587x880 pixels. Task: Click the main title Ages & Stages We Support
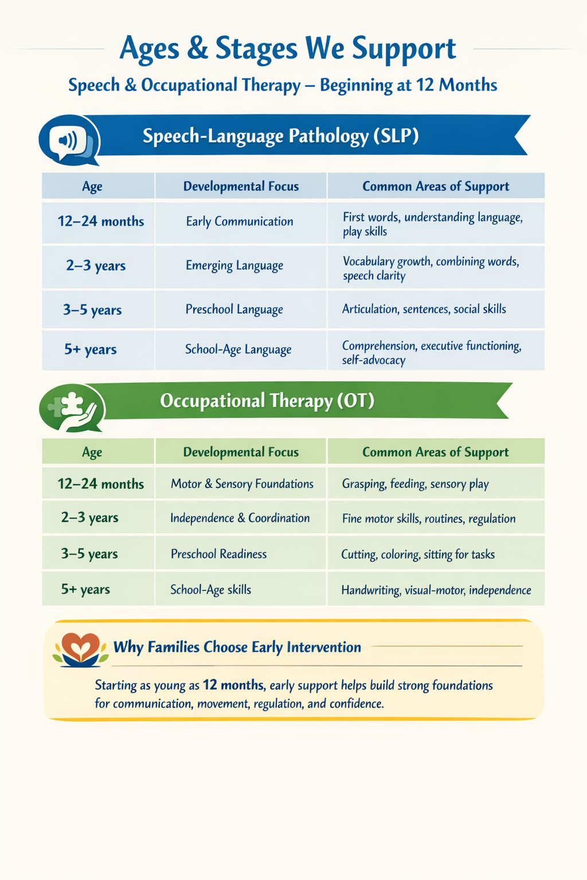click(x=288, y=49)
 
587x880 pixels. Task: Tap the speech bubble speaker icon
click(x=68, y=140)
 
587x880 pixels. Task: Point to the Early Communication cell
click(x=240, y=222)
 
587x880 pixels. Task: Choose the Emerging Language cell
click(x=234, y=266)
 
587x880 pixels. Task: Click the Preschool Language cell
click(x=234, y=310)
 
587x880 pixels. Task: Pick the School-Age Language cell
click(x=238, y=349)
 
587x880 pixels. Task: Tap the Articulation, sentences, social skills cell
click(x=424, y=309)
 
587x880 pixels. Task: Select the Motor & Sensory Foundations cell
click(x=242, y=484)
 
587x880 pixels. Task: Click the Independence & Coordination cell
click(x=240, y=518)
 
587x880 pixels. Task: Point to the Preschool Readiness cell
click(x=218, y=554)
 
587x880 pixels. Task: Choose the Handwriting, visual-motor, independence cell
click(x=436, y=590)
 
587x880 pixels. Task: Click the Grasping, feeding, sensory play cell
click(x=415, y=484)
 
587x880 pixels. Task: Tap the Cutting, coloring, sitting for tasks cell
click(x=418, y=555)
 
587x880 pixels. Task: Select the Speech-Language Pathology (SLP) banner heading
click(x=281, y=136)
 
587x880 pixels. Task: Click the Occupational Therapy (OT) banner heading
click(x=267, y=400)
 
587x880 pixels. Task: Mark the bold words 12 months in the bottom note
click(x=233, y=685)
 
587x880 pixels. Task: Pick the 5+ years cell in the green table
click(x=85, y=590)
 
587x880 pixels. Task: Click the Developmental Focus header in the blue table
click(x=241, y=187)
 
